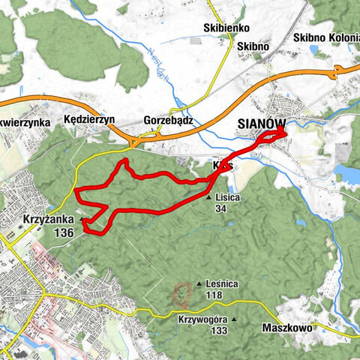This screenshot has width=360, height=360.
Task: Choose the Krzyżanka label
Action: tap(49, 222)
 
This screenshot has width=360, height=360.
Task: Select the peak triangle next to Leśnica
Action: tap(199, 284)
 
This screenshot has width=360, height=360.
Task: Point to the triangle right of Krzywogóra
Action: tap(234, 319)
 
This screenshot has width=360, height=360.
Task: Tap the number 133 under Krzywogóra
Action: tap(218, 331)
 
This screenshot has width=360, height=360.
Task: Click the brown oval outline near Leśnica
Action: tap(181, 295)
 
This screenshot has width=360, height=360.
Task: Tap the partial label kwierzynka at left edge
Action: tap(25, 120)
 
